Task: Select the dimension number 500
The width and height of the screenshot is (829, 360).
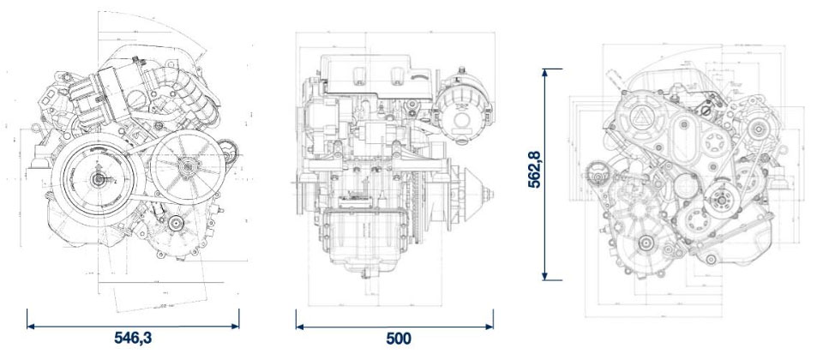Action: [x=398, y=338]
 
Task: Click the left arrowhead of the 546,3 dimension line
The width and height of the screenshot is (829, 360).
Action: [x=30, y=325]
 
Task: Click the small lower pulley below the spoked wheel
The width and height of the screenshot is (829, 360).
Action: [x=177, y=225]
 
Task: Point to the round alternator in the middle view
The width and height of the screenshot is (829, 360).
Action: [x=459, y=117]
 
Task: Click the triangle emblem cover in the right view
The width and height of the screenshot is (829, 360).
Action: [x=641, y=119]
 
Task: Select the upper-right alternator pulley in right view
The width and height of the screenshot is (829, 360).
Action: [x=760, y=129]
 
